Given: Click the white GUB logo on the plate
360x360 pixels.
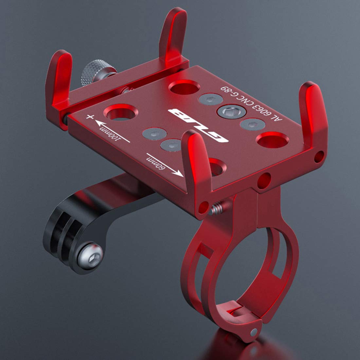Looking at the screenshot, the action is [198, 125].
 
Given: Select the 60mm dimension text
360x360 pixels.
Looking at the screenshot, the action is [155, 163].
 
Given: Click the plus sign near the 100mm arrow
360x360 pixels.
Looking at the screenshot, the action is [90, 117].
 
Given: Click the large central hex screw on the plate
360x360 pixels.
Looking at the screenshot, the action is [231, 112].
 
